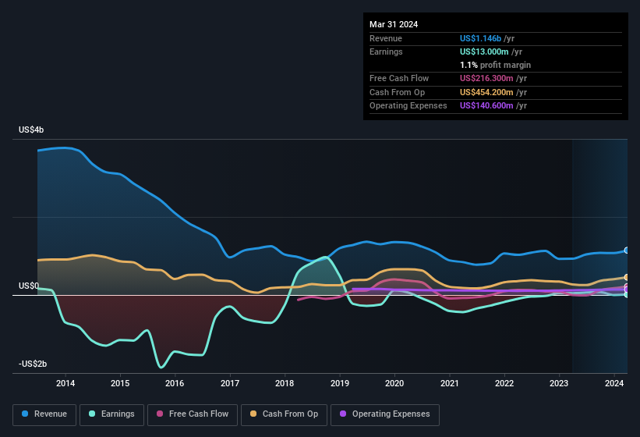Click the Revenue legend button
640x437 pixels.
45,414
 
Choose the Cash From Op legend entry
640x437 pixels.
285,414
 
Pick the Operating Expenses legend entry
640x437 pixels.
385,414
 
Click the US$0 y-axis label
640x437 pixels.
29,286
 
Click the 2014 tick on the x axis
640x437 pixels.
65,383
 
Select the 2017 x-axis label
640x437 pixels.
230,383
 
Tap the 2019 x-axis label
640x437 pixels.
340,383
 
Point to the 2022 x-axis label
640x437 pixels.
504,383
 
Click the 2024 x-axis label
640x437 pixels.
614,383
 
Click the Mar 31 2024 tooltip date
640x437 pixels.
394,24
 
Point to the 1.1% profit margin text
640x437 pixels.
495,65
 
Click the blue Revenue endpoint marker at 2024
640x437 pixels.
627,250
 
